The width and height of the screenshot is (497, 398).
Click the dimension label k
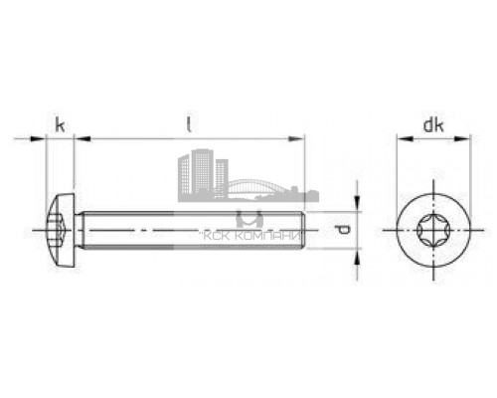click(x=60, y=125)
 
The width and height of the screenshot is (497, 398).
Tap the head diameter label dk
click(x=432, y=125)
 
